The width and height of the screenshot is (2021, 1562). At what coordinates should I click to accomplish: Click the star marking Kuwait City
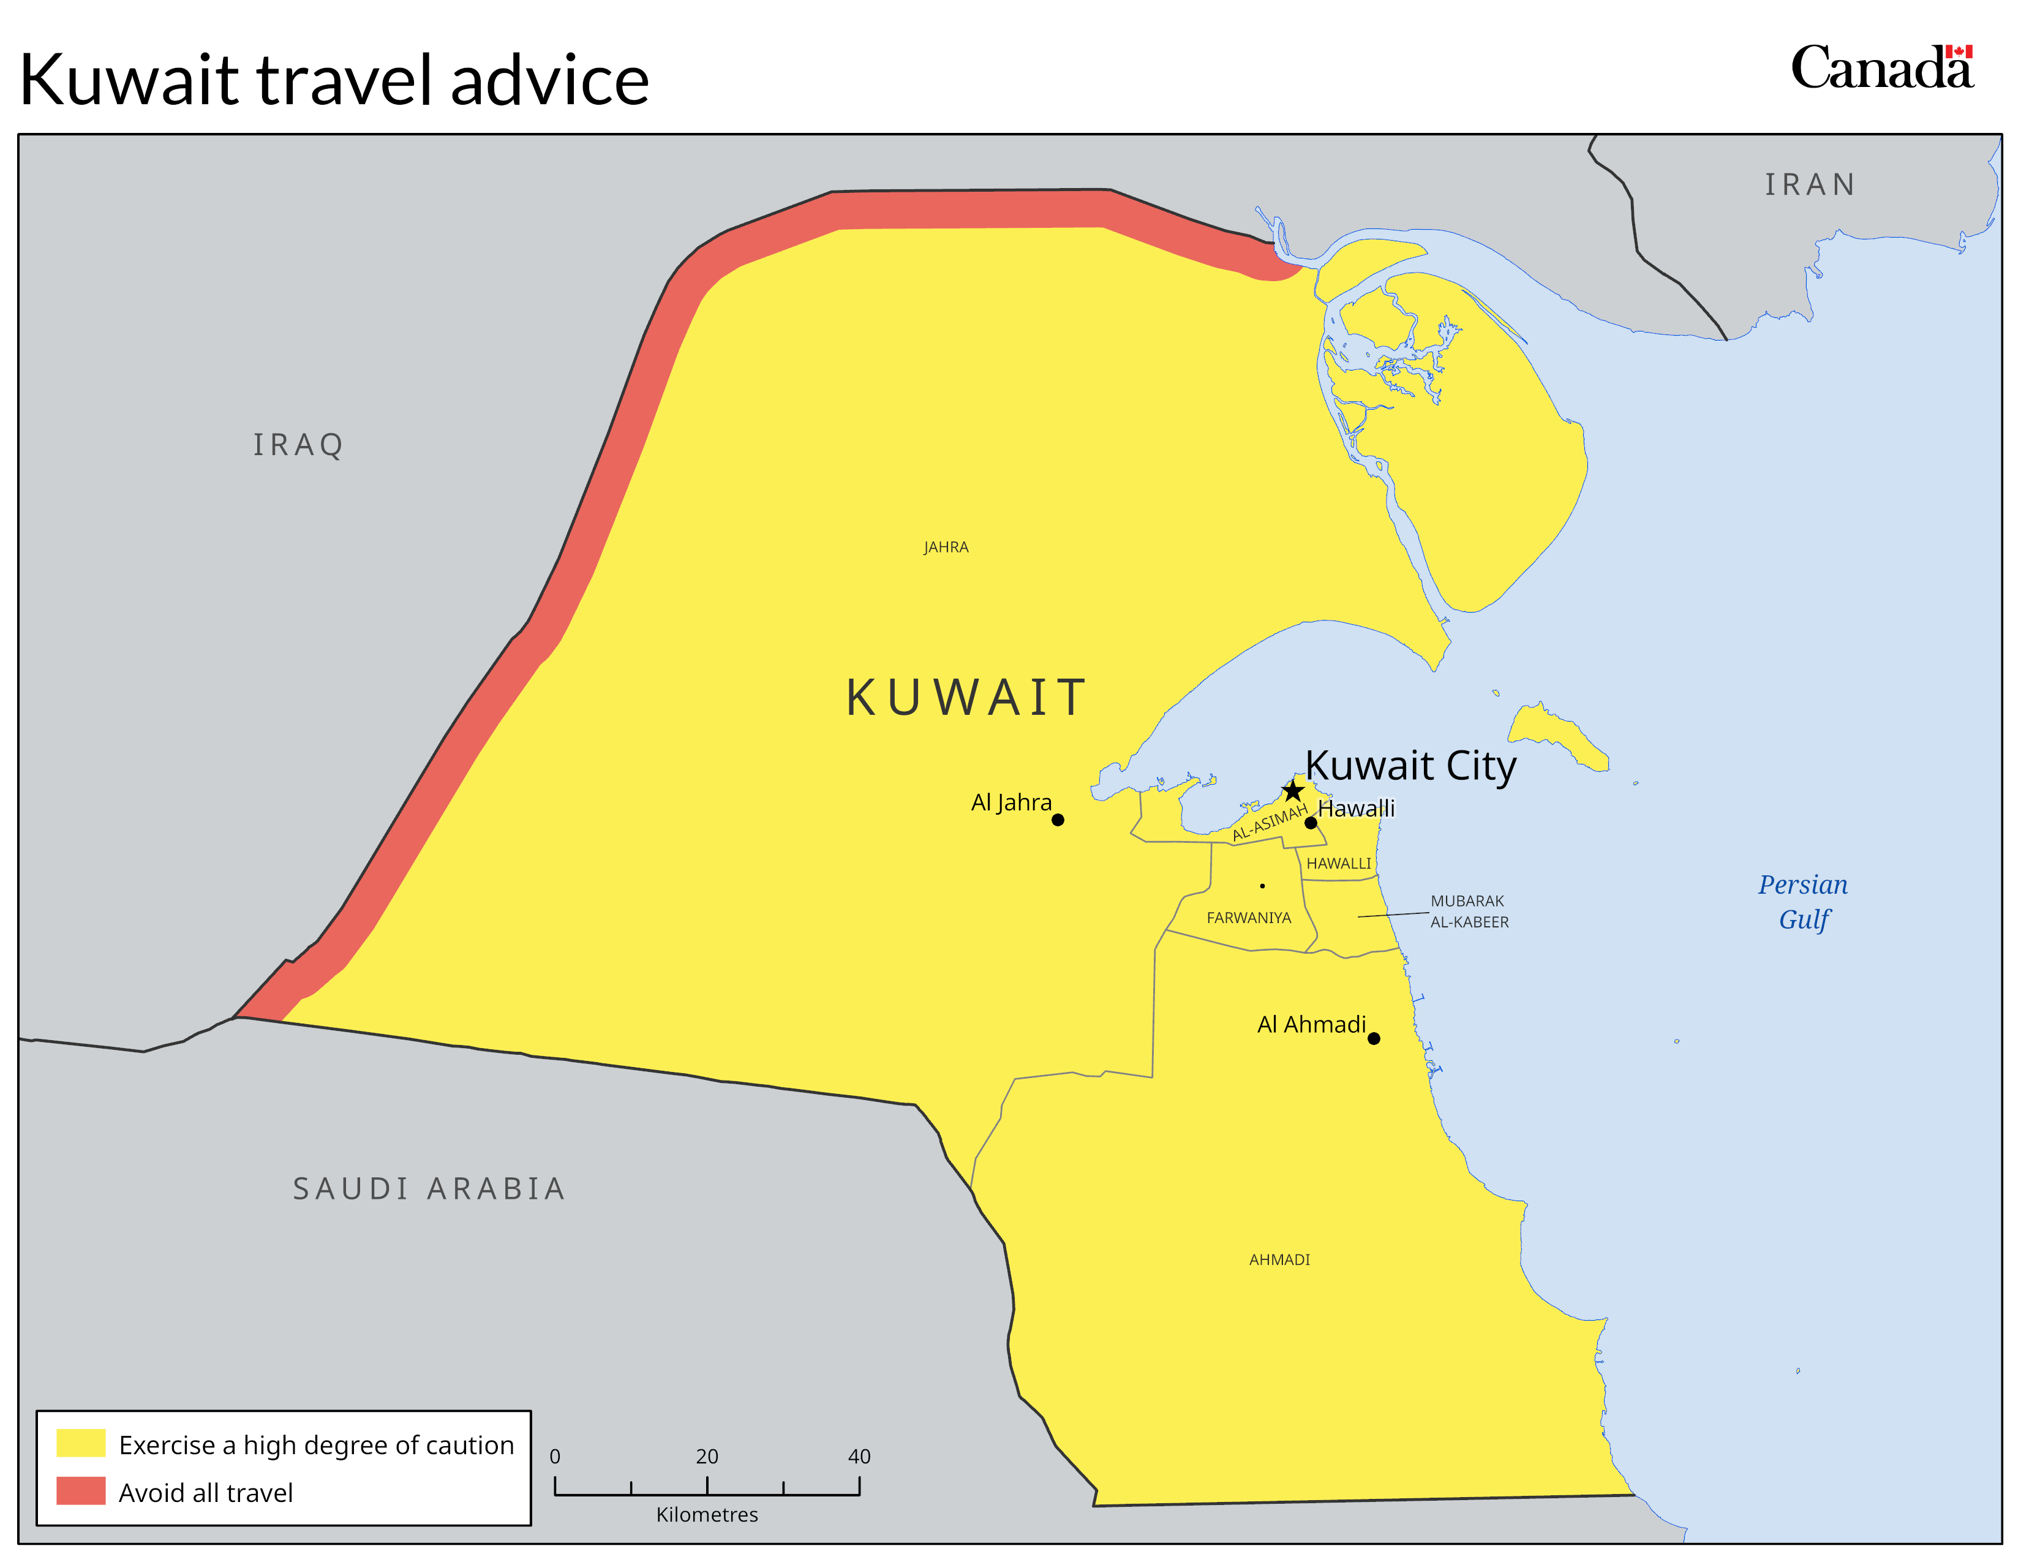tap(1293, 791)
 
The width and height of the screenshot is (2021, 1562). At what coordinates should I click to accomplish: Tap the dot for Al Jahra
tap(1058, 820)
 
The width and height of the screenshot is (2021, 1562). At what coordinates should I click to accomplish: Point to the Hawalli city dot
tap(1311, 823)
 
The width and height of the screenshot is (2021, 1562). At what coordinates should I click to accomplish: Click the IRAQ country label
tap(298, 445)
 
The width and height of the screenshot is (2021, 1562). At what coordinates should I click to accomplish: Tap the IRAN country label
tap(1809, 185)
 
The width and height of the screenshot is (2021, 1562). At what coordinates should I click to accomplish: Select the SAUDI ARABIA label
tap(429, 1188)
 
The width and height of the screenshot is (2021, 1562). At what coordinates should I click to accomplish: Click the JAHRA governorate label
tap(946, 548)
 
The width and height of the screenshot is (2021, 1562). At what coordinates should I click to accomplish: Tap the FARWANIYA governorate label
tap(1248, 918)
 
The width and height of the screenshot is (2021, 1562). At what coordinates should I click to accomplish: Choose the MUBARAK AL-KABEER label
tap(1469, 911)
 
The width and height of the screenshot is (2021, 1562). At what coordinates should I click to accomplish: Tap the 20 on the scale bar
tap(707, 1457)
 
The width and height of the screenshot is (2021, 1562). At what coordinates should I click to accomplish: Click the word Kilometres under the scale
tap(707, 1515)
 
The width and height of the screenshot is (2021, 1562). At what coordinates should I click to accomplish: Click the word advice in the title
tap(550, 80)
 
